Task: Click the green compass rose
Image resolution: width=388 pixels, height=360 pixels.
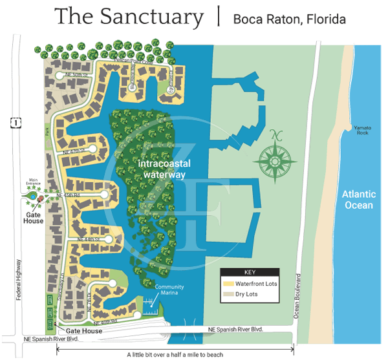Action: pos(277,157)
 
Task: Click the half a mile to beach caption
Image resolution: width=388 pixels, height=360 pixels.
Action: pos(175,354)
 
